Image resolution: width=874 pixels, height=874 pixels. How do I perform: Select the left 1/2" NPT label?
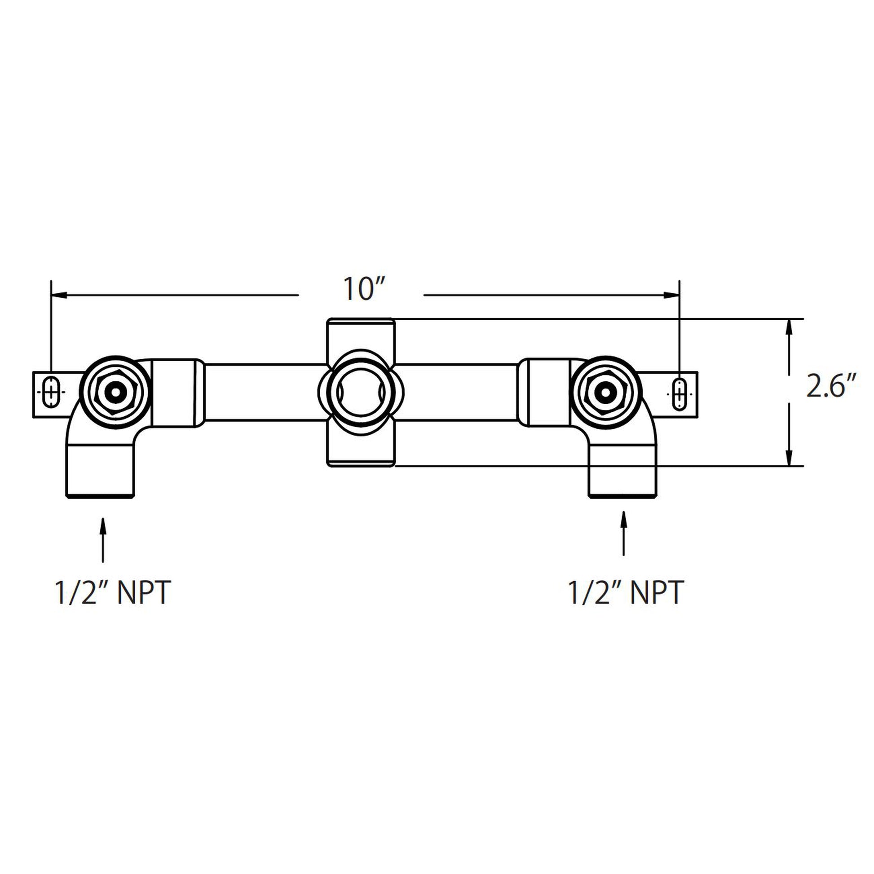112,593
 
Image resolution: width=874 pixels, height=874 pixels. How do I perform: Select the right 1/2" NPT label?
625,593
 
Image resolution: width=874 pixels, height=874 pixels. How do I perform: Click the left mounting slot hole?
51,392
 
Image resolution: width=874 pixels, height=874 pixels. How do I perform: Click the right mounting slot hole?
679,394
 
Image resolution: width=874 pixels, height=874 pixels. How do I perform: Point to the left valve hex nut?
116,392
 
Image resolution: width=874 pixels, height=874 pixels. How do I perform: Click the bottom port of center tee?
361,452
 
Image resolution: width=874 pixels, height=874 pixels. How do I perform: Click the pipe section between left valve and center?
265,392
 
